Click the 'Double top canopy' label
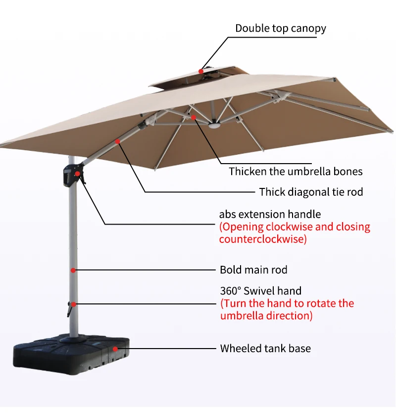tap(280, 28)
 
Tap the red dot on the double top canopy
tap(201, 71)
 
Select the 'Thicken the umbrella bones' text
tap(296, 172)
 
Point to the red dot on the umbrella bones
tap(194, 118)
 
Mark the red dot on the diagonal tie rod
tap(118, 142)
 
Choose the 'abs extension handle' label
tap(270, 214)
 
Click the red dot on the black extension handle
tap(78, 174)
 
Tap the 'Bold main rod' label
tap(253, 270)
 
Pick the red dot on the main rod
tap(73, 270)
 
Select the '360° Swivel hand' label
tap(260, 291)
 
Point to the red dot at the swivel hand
tap(73, 304)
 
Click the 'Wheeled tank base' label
tap(265, 348)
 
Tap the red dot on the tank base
tap(115, 349)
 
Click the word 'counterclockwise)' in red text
tap(263, 239)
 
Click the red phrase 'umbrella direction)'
tap(266, 316)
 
